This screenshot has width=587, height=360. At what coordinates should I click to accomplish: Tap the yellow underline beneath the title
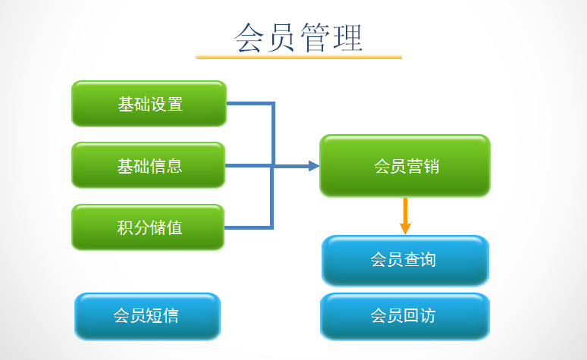coord(299,57)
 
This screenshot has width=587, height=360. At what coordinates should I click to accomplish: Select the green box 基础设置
coord(149,104)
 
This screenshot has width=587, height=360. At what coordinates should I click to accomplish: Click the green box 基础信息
coord(149,165)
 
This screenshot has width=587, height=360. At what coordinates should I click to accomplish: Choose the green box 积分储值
coord(149,227)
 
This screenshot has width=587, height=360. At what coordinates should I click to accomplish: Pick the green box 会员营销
coord(405,166)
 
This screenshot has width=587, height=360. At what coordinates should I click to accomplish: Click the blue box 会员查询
coord(405,260)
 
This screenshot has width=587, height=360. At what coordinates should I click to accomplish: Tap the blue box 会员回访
coord(405,316)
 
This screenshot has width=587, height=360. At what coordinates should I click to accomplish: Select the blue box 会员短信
coord(147,316)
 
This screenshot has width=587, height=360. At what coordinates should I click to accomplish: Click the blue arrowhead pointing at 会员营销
coord(313,166)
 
